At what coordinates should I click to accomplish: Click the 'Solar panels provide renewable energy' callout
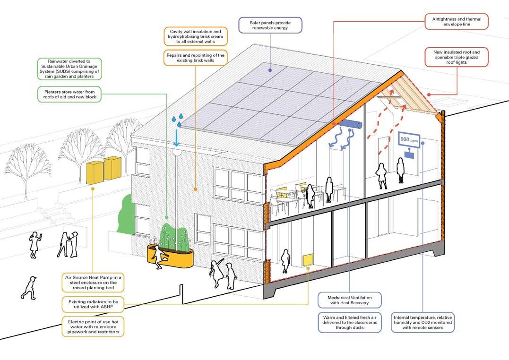pos(270,25)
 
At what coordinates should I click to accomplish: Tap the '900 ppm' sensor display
pos(409,140)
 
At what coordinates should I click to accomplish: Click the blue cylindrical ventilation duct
pos(353,124)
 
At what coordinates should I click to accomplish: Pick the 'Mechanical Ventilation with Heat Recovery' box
pos(349,300)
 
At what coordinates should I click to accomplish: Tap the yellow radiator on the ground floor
pos(308,258)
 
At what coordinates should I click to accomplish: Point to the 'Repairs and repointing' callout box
pos(196,58)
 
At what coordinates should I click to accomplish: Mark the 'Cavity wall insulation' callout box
pos(196,36)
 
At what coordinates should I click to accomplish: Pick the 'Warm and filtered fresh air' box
pos(349,322)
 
